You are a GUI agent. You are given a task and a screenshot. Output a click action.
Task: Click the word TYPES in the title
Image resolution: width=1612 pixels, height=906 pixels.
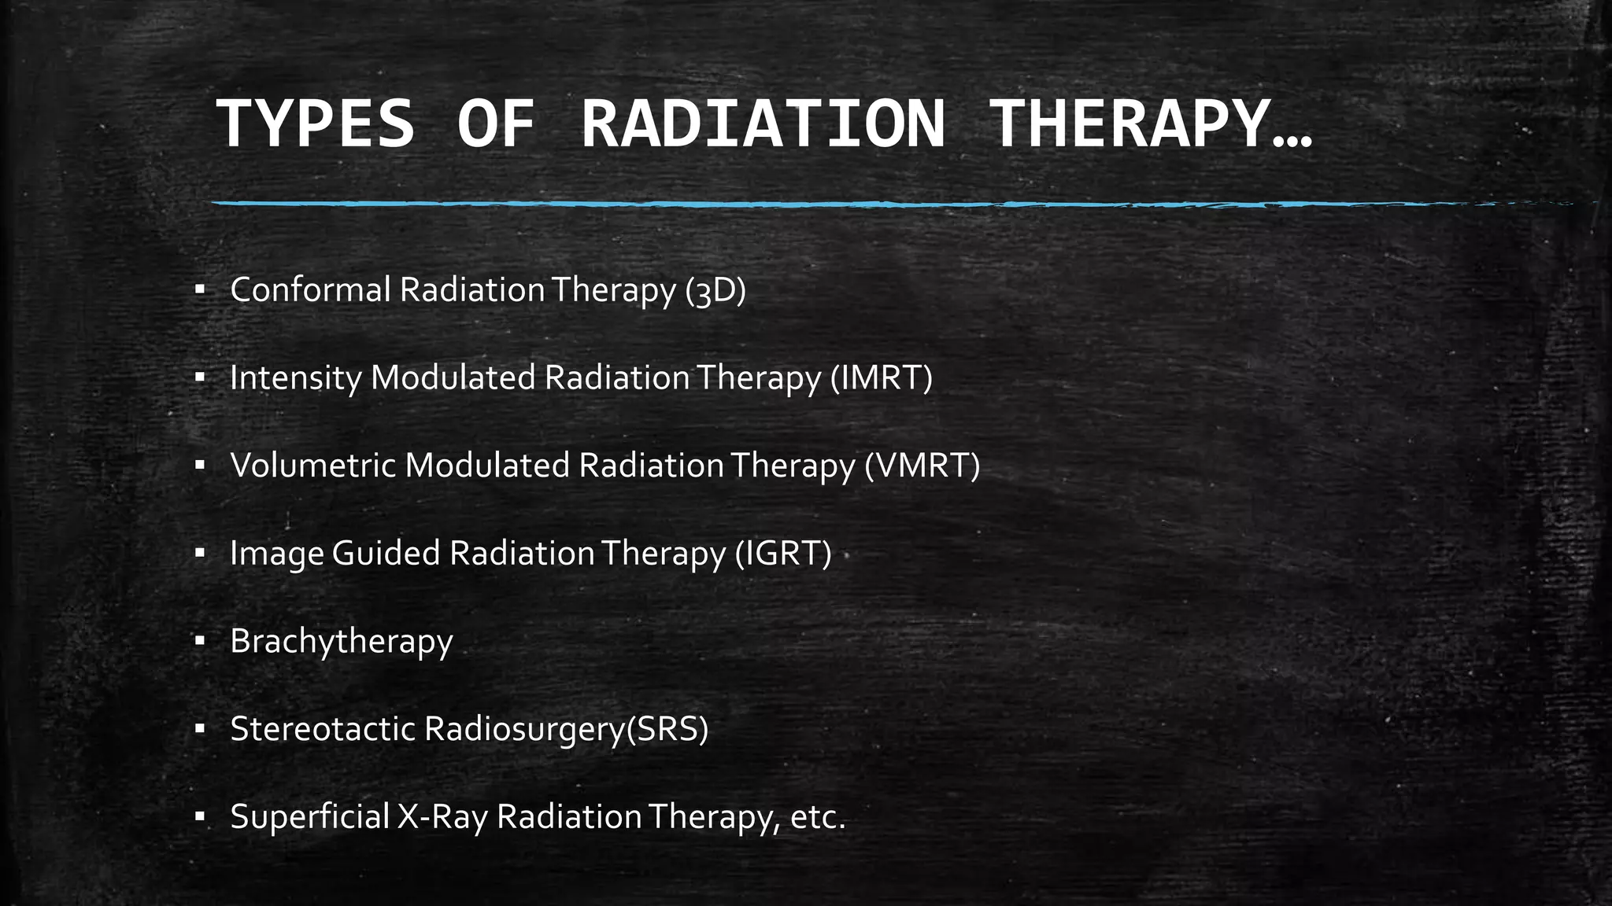click(315, 123)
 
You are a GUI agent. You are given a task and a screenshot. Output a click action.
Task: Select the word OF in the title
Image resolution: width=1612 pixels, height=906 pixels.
click(497, 123)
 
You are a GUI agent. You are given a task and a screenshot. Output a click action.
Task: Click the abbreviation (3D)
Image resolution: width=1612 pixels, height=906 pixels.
click(715, 290)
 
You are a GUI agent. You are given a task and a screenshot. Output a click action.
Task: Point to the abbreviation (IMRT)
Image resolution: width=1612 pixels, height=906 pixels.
click(882, 378)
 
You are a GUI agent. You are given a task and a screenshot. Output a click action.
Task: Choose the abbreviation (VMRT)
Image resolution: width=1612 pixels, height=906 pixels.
click(922, 466)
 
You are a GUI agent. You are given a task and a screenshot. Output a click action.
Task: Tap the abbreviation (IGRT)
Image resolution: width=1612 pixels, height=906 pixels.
click(783, 554)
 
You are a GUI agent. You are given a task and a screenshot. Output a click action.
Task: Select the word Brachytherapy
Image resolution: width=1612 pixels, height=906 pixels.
click(342, 642)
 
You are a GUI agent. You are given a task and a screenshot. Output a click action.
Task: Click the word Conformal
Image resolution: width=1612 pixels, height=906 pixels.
click(310, 290)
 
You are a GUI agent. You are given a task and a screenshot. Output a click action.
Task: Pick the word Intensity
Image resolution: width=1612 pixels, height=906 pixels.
click(294, 378)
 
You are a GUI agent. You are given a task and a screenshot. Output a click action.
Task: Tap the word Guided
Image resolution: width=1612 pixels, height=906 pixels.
click(386, 554)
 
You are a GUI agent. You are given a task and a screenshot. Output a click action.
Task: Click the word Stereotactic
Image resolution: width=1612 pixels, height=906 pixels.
click(322, 729)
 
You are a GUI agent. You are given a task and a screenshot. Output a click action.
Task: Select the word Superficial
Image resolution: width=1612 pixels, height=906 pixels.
click(309, 817)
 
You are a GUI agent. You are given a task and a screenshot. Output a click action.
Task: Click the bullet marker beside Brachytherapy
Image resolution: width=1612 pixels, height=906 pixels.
click(200, 642)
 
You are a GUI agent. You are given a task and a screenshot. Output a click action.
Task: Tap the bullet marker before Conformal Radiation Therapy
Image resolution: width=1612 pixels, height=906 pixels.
click(200, 290)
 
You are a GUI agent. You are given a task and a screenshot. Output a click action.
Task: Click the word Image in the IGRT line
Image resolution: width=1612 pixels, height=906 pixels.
click(276, 554)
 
